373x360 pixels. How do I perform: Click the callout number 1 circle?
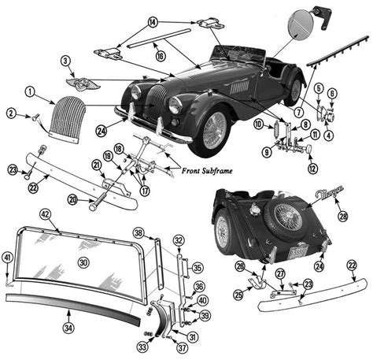click(29, 92)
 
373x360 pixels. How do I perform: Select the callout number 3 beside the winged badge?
click(65, 61)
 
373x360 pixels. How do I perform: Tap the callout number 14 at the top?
click(153, 20)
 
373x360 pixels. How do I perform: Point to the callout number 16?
click(160, 56)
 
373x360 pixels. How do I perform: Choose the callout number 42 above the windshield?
click(45, 213)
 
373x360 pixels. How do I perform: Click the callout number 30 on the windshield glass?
click(84, 261)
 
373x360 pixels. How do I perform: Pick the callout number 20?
click(94, 200)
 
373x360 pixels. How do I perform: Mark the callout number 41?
click(8, 257)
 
